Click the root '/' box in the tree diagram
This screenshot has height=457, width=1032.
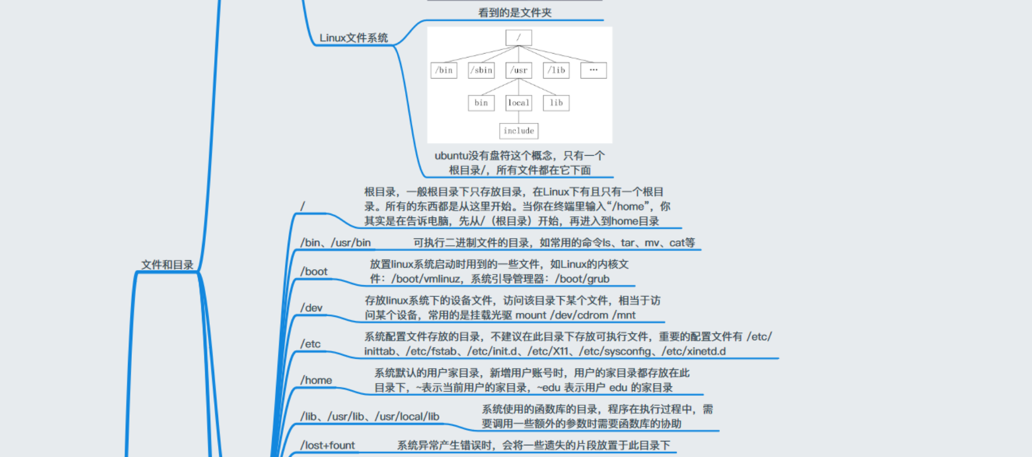pos(519,38)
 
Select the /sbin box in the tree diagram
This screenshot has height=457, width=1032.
pos(481,71)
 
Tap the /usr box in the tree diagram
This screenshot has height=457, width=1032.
pos(519,71)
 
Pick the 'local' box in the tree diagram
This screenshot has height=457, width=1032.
pos(519,103)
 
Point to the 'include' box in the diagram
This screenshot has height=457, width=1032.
pos(519,131)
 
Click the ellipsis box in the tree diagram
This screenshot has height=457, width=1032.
pos(593,71)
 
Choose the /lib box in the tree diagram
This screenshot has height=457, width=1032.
pos(556,71)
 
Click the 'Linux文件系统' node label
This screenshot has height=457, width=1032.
pos(353,38)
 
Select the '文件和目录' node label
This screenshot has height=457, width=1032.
pos(167,265)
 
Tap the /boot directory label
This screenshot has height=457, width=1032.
pos(314,271)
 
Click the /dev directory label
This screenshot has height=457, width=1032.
pos(311,307)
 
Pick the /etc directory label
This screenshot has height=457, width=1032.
pos(310,344)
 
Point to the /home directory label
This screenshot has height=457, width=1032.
pos(316,380)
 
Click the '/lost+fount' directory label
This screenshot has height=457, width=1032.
pos(327,445)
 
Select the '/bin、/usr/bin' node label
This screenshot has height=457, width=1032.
pos(335,242)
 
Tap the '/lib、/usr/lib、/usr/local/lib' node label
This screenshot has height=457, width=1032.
pos(369,416)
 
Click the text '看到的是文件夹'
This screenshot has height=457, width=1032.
pos(515,13)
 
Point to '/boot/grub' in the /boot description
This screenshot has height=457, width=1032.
pos(582,279)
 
